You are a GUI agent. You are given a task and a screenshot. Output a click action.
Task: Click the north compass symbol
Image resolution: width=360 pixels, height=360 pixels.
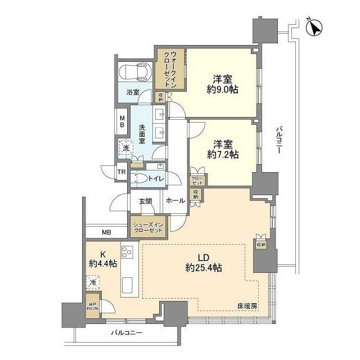point(315,26)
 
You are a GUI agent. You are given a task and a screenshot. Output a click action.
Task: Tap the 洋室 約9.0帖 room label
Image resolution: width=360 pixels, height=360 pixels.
point(219,83)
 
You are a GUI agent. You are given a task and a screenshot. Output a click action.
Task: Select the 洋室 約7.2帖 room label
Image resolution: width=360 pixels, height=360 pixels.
point(222,148)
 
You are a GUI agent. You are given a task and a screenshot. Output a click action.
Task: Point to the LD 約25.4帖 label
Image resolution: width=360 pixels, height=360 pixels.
point(202,263)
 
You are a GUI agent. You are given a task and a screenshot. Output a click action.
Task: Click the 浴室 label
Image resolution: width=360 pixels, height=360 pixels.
point(133,92)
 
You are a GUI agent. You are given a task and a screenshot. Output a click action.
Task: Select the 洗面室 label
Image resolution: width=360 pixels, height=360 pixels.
point(142,134)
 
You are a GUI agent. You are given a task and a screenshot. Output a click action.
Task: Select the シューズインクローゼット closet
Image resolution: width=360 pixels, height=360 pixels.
point(148,227)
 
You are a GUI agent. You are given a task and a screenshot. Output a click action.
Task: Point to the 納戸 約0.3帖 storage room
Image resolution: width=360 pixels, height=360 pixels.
point(92,307)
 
